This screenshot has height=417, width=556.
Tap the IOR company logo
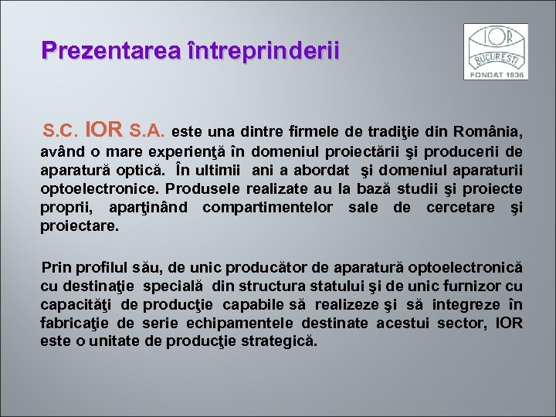tap(495, 51)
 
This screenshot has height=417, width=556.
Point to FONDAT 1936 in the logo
tap(495, 74)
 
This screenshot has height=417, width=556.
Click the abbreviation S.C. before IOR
tap(63, 130)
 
